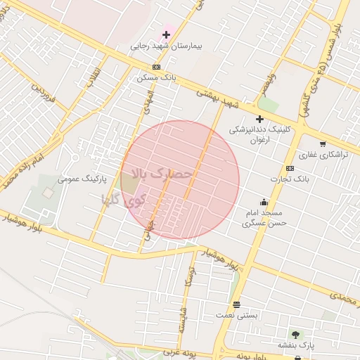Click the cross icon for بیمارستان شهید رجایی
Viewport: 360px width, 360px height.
click(x=167, y=34)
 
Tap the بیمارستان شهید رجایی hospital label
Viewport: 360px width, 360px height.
click(x=166, y=46)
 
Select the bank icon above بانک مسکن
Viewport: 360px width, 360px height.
click(x=156, y=67)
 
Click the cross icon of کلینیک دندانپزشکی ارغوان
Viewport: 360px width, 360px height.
click(x=259, y=120)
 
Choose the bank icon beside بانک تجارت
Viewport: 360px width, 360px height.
click(x=290, y=169)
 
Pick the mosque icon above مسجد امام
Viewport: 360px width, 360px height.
click(x=264, y=202)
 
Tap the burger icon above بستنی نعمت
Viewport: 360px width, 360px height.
click(x=236, y=306)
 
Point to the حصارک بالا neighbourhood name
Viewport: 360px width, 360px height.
click(x=162, y=174)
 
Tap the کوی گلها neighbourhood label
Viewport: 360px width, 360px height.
click(x=124, y=199)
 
